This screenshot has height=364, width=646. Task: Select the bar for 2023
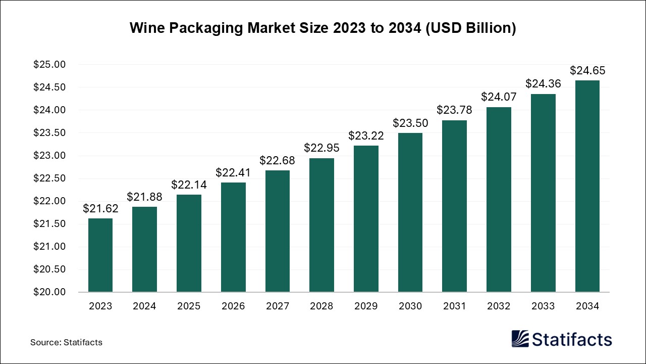(100, 255)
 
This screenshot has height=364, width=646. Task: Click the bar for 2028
(321, 225)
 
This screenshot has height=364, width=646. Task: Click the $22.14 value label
(189, 185)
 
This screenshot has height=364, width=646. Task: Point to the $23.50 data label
(410, 123)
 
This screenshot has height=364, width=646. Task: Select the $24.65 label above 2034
(587, 70)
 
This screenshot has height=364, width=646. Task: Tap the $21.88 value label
(144, 196)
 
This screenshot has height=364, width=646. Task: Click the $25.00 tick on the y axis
(49, 65)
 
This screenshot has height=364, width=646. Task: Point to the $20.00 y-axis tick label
(49, 292)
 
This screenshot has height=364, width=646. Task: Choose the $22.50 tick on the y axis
(49, 178)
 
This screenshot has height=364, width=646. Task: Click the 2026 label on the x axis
(233, 306)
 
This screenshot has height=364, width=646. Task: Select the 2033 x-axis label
(543, 306)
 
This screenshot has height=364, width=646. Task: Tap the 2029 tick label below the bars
(366, 306)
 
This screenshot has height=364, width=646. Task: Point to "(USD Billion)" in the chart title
(470, 28)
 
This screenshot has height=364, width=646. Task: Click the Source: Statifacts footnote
(66, 342)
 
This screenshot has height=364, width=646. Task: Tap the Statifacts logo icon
(520, 339)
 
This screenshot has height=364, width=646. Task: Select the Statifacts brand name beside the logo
(572, 339)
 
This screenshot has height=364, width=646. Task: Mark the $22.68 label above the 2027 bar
(277, 160)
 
